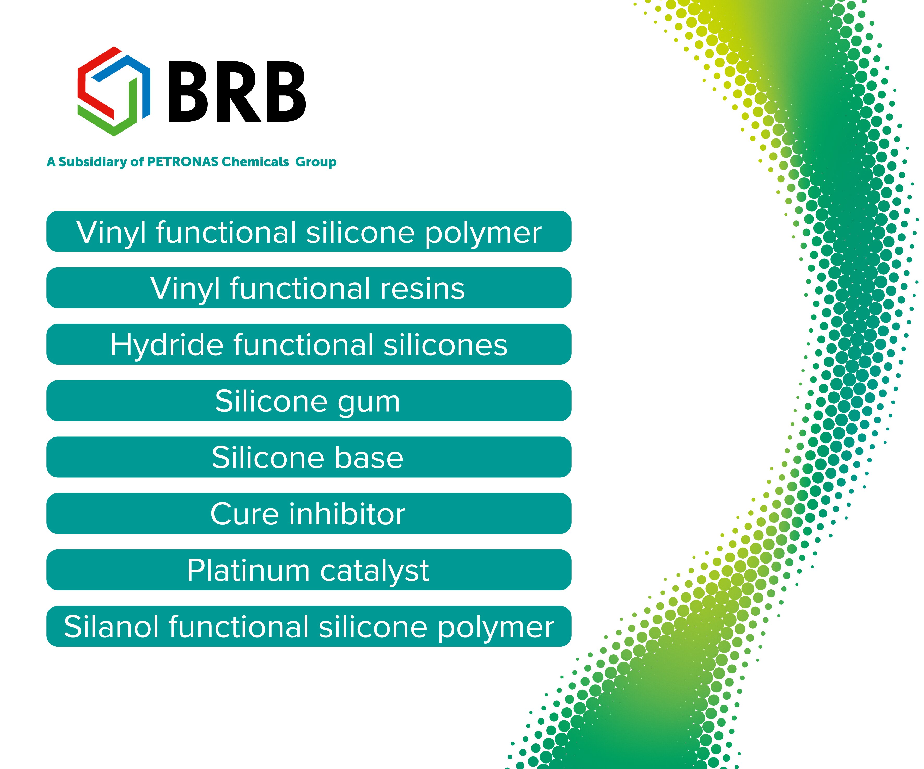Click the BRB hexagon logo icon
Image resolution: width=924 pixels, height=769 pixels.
(114, 91)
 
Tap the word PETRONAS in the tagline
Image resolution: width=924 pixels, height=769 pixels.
(183, 162)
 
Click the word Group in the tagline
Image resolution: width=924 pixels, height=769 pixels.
(316, 162)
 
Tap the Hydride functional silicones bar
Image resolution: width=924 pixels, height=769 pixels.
(309, 344)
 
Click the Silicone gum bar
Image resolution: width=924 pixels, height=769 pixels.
(309, 401)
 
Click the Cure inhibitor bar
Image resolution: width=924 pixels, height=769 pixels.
(309, 514)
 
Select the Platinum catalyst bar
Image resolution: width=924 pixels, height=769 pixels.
(309, 570)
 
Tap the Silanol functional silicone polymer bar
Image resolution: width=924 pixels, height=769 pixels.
(309, 626)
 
